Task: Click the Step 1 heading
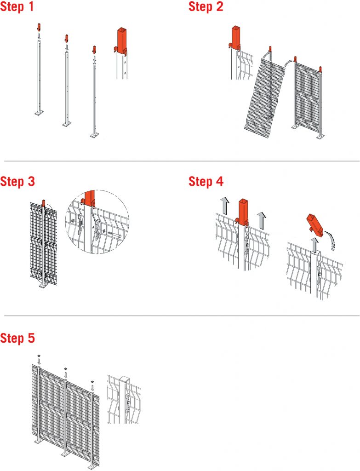pos(17,6)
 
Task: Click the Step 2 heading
pos(206,6)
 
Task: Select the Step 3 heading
pos(17,181)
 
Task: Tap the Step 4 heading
pos(206,181)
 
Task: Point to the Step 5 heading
pos(17,338)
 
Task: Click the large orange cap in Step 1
pos(121,40)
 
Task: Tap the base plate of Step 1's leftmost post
pos(39,113)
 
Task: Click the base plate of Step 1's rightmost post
pos(95,136)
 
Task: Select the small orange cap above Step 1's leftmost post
pos(39,27)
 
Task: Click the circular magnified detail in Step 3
pos(97,222)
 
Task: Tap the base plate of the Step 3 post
pos(44,286)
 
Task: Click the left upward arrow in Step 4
pos(224,206)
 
